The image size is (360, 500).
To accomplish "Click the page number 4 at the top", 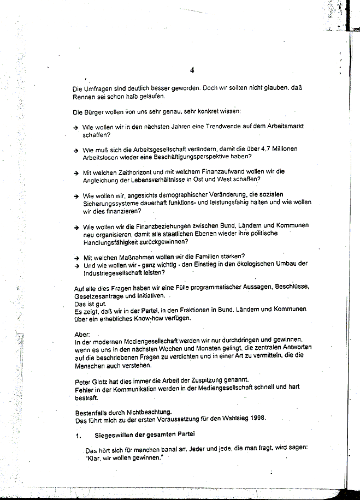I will [x=192, y=70].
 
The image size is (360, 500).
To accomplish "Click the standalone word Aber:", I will [x=80, y=334].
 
